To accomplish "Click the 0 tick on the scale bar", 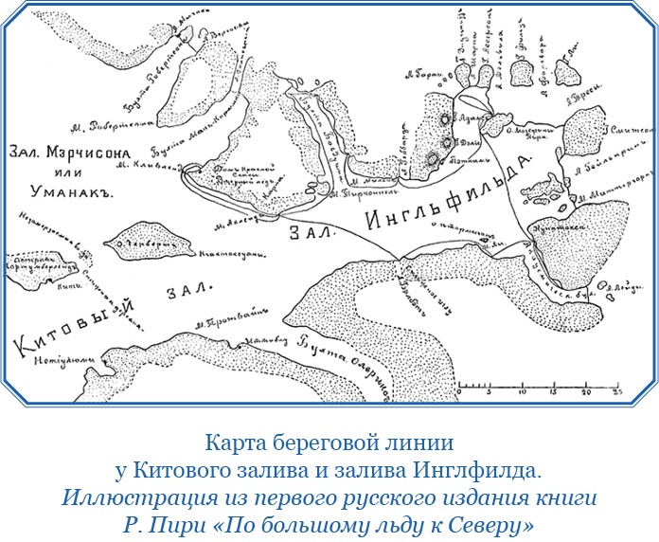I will [x=458, y=389].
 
